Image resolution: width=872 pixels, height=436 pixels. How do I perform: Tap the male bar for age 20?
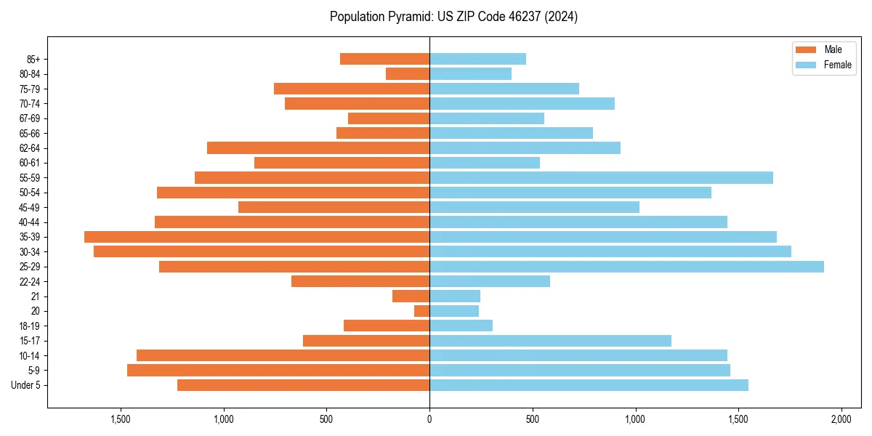pos(422,311)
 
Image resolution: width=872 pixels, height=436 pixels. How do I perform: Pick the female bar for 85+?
pos(477,59)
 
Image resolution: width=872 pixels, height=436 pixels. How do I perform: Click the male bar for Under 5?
pos(303,385)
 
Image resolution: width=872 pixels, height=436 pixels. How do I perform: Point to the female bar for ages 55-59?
pos(601,178)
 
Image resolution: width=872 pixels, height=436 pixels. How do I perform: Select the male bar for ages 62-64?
pos(318,148)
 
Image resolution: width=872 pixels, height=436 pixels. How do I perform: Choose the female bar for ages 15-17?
pos(550,341)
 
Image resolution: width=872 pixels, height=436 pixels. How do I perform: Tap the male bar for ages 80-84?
pos(408,74)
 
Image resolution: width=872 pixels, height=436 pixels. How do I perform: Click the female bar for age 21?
pos(455,296)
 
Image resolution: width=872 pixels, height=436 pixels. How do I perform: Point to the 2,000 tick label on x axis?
pos(841,420)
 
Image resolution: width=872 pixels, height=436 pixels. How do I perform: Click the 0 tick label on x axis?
pos(429,420)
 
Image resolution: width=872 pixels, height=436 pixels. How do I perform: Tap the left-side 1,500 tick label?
pos(121,420)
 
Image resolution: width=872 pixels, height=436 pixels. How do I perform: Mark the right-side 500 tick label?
pos(533,420)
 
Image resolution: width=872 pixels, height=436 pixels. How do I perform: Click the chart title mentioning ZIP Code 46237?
pos(453,17)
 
